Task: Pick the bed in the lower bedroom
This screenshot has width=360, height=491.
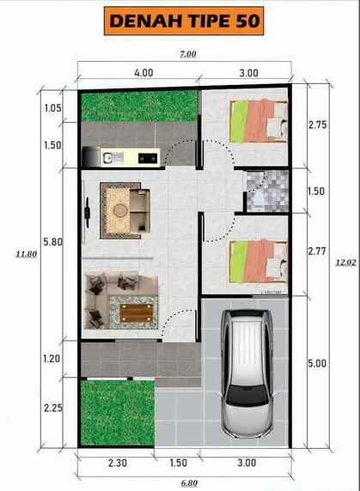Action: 257,259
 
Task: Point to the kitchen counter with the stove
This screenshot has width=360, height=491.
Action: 120,156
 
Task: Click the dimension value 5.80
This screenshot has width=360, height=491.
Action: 53,243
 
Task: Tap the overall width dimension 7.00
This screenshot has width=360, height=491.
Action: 188,54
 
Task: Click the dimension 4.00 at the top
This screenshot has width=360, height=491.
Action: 143,73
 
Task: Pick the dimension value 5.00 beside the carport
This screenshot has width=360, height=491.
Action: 317,363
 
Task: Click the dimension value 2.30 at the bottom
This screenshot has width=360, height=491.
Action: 118,464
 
